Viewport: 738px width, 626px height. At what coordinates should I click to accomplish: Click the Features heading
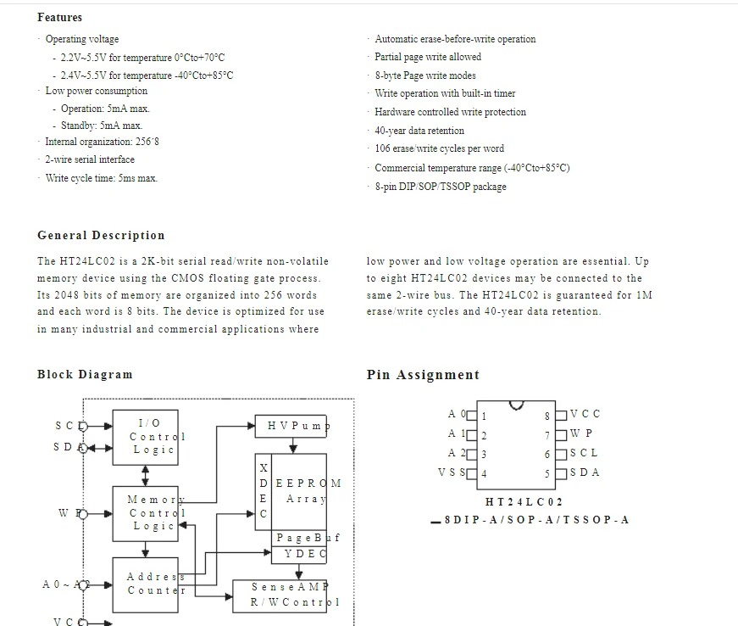tap(60, 18)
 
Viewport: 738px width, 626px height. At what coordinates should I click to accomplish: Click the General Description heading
tap(101, 235)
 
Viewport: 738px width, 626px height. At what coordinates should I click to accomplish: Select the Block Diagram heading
tap(85, 374)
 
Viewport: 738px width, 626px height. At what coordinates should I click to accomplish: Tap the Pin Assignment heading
tap(423, 375)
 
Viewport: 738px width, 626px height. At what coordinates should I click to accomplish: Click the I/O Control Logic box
tap(146, 438)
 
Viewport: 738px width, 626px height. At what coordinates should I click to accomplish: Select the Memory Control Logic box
tap(146, 514)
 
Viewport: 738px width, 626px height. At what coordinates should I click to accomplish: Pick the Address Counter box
tap(146, 585)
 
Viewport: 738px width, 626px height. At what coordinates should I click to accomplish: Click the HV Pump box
tap(291, 427)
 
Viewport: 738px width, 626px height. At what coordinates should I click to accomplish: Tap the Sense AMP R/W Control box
tap(280, 596)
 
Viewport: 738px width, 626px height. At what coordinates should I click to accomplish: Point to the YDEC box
tap(299, 555)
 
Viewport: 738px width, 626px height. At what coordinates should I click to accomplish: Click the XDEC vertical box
tap(264, 492)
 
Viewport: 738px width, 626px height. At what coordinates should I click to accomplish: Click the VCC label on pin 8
tap(585, 414)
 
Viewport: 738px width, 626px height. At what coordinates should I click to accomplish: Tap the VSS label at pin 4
tap(452, 472)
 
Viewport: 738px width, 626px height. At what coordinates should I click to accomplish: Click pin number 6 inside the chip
tap(547, 455)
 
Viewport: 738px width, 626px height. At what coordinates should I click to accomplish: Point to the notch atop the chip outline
tap(516, 406)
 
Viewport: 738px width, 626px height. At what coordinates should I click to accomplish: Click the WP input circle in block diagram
tap(83, 514)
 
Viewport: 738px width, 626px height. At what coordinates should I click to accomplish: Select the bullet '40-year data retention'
tap(419, 131)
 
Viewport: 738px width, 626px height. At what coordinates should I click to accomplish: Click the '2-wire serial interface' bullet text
tap(90, 159)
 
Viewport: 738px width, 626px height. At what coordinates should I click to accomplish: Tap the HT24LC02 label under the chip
tap(524, 502)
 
